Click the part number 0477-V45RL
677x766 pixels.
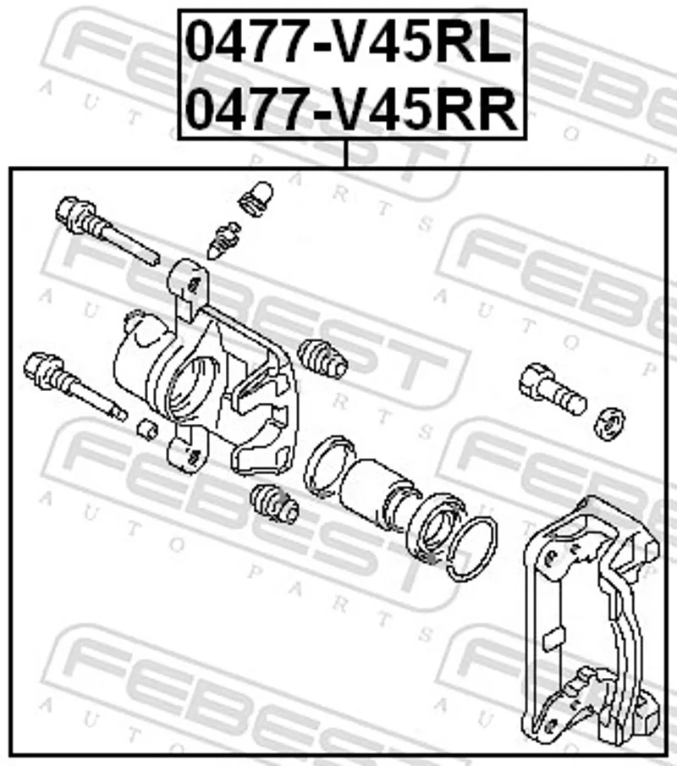(x=349, y=42)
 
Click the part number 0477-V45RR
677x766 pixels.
(x=351, y=109)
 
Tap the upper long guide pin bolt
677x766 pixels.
(x=107, y=229)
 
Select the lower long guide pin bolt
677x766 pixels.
(x=74, y=385)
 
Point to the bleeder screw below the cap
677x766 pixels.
(x=223, y=240)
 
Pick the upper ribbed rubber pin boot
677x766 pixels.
(x=322, y=357)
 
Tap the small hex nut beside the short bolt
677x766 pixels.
(x=609, y=423)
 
